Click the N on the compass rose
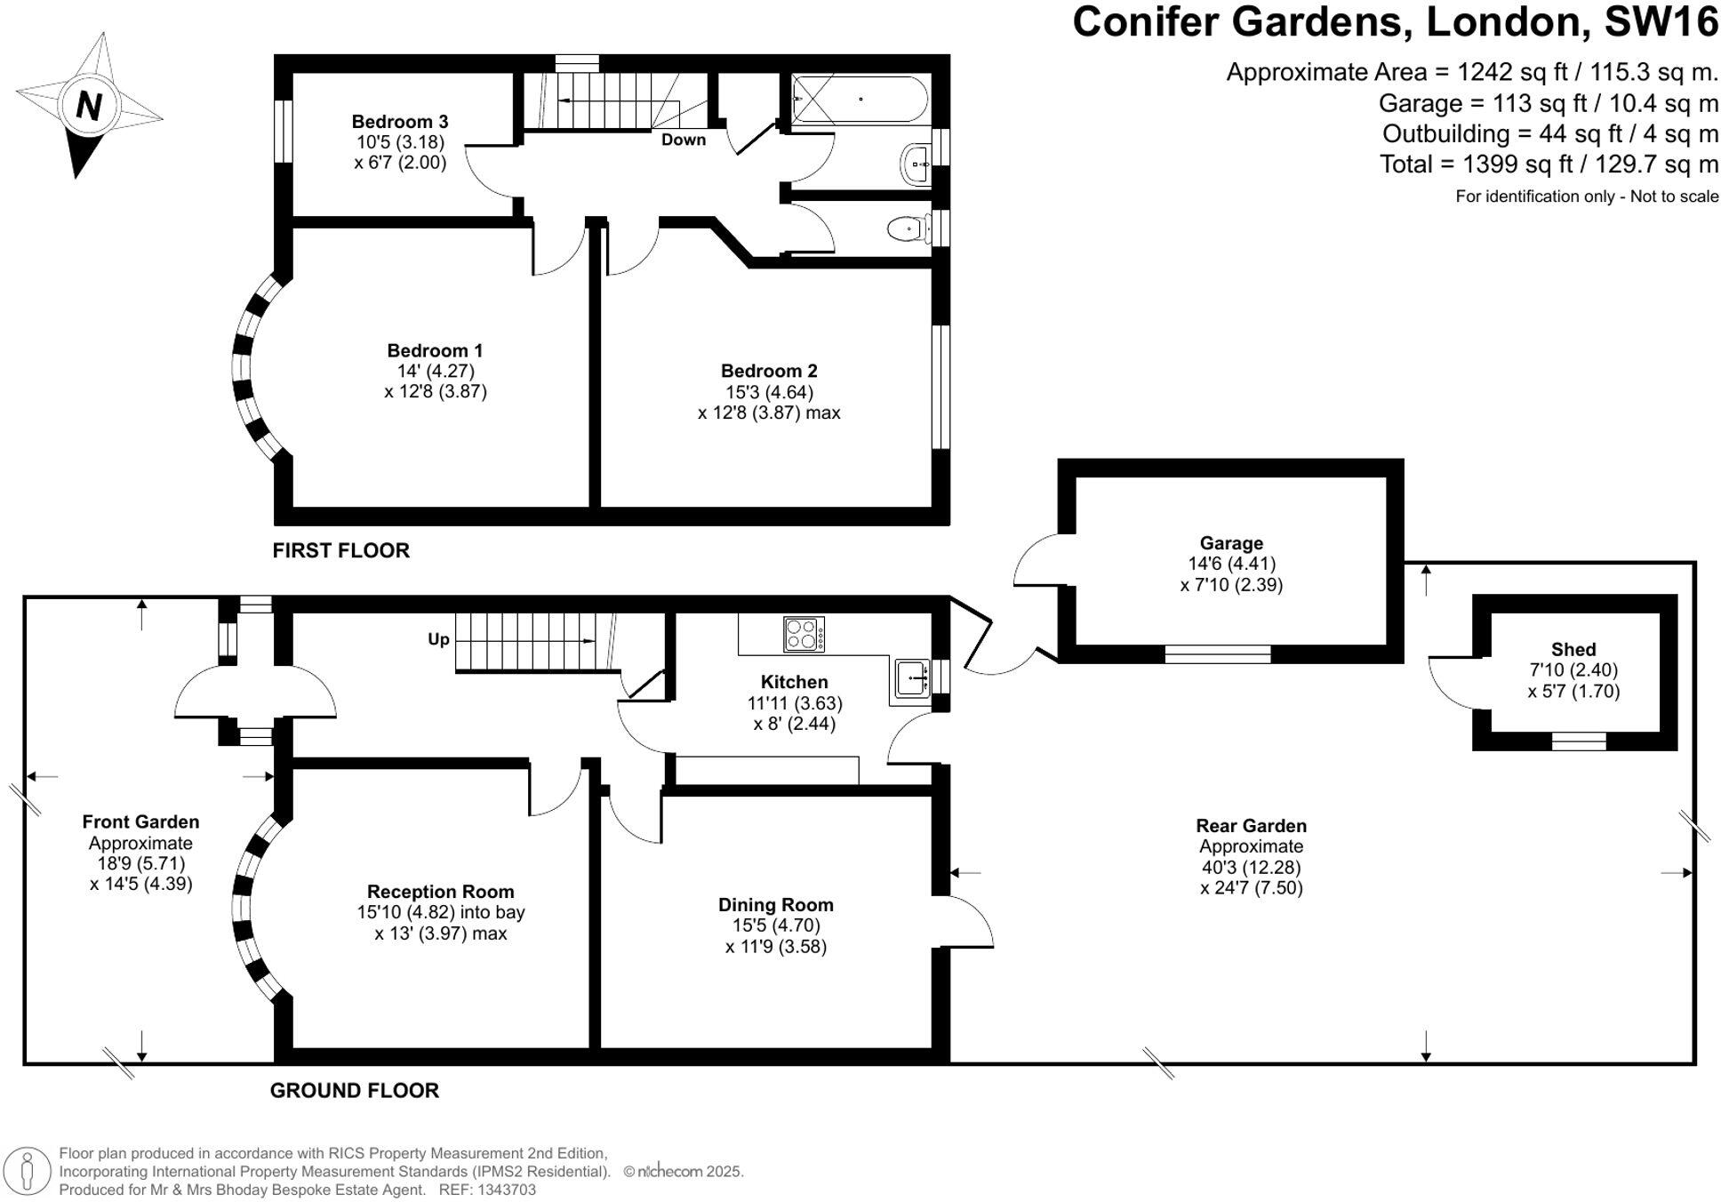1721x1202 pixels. click(x=88, y=107)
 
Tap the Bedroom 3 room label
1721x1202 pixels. click(x=399, y=122)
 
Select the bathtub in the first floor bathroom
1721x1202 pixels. click(x=859, y=99)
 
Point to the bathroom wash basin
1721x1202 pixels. click(x=917, y=164)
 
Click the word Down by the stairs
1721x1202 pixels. click(x=683, y=140)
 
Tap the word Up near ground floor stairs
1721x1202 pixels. click(x=438, y=639)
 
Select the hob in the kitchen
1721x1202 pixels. click(x=804, y=634)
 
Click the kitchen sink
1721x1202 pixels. click(x=912, y=677)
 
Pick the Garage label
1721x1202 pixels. click(x=1230, y=543)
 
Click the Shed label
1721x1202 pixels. click(x=1573, y=650)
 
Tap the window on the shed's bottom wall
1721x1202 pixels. click(x=1579, y=741)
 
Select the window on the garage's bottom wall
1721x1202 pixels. click(x=1217, y=654)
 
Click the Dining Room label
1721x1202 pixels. click(x=775, y=905)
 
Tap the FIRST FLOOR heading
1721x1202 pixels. click(x=340, y=550)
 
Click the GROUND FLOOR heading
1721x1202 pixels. click(x=354, y=1090)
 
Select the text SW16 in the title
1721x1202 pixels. click(x=1661, y=21)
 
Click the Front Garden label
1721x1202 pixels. click(x=140, y=822)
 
